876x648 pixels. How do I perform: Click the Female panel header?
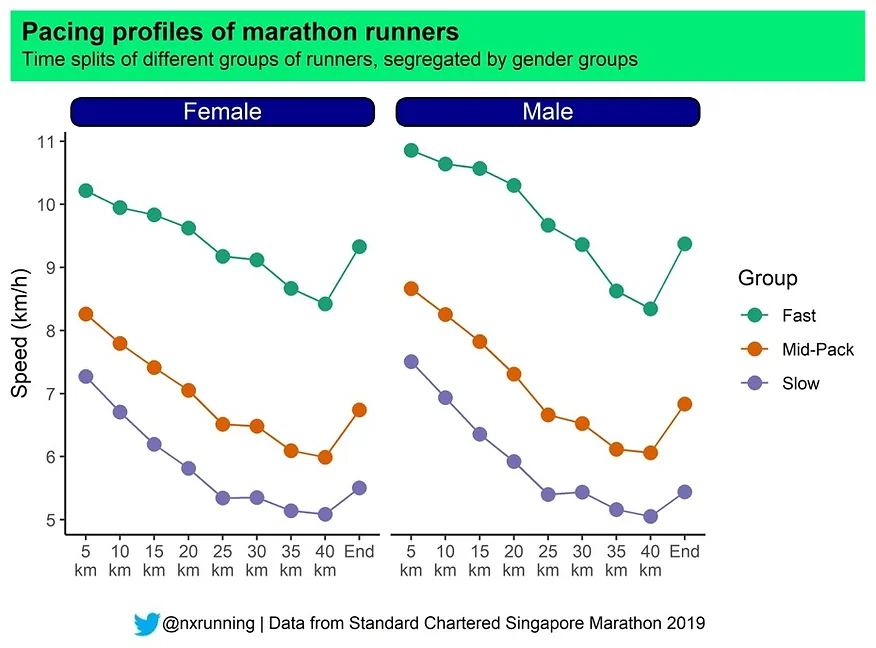tap(222, 111)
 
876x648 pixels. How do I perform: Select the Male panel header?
tap(547, 111)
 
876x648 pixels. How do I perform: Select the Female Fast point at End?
tap(359, 246)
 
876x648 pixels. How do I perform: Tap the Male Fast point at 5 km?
tap(411, 150)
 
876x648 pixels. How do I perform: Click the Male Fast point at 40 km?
tap(650, 309)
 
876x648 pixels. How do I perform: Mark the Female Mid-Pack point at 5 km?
tap(86, 314)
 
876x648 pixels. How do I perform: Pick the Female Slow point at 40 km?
tap(325, 514)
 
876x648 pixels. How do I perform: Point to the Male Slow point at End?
tap(684, 492)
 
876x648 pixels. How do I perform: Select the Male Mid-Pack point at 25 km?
tap(548, 415)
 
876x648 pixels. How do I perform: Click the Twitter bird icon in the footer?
tap(146, 623)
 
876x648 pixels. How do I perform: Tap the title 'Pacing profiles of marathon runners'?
tap(240, 32)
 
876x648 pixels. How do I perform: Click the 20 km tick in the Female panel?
tap(188, 559)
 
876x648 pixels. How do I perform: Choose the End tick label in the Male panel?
tap(684, 551)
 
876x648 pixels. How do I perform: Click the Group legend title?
tap(767, 278)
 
